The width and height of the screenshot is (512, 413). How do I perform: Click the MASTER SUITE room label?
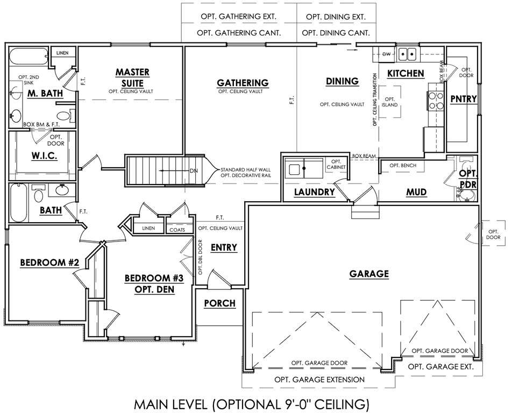coord(132,77)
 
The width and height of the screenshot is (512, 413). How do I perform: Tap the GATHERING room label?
coord(243,82)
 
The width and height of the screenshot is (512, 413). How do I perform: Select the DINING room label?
coord(342,81)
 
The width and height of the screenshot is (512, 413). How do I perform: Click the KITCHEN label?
coord(406,73)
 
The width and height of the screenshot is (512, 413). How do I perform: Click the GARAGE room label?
coord(369,274)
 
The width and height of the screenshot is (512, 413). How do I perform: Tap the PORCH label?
coord(220,303)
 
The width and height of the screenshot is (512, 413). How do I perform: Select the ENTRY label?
coord(224,247)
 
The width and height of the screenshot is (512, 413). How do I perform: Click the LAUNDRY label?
coord(315,192)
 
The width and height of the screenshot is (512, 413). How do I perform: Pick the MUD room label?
coord(417,191)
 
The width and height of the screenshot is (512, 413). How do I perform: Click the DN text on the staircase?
coord(194,171)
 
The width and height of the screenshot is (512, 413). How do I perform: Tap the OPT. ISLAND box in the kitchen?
coord(390,102)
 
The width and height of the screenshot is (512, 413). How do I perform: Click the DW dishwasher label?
coord(386,54)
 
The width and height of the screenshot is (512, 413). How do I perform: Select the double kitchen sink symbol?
coord(408,54)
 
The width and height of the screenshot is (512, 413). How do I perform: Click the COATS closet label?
coord(177,229)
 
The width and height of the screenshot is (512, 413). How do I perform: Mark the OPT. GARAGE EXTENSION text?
coord(319,379)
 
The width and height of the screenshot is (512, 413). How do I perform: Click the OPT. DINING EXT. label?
coord(336,17)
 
